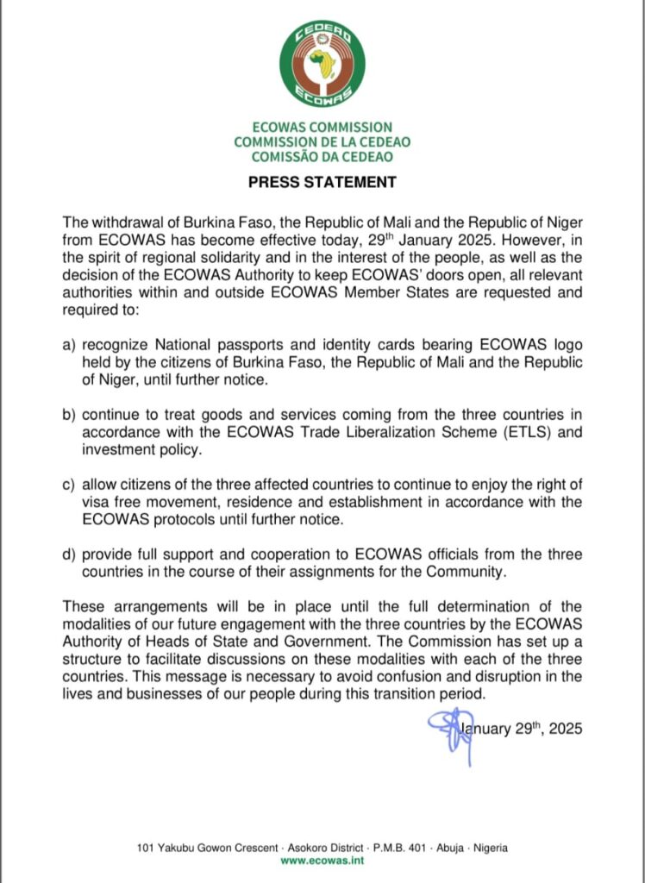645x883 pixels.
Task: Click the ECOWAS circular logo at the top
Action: (x=322, y=63)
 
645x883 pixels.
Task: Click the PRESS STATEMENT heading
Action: (x=322, y=183)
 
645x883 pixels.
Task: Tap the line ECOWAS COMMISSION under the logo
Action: (x=322, y=127)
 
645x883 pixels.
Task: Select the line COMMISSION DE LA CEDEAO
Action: (x=322, y=141)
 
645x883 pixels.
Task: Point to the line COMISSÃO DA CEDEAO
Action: (x=322, y=156)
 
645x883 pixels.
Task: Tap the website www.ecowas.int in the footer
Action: (x=322, y=860)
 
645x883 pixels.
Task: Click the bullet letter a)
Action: (x=69, y=346)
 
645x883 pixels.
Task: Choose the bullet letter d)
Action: (x=69, y=554)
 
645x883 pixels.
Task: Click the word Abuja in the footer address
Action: (x=429, y=848)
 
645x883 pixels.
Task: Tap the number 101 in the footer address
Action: (x=146, y=848)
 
